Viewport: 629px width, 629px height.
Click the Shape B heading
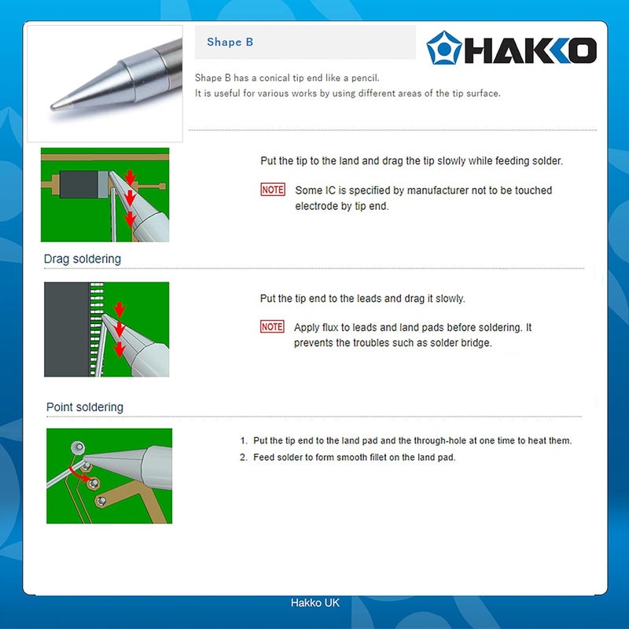click(x=230, y=42)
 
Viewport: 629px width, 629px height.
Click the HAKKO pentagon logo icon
click(x=443, y=48)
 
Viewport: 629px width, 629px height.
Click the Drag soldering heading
click(x=83, y=259)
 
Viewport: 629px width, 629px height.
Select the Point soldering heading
click(x=85, y=407)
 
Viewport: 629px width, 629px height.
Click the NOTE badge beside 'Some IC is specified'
click(x=273, y=190)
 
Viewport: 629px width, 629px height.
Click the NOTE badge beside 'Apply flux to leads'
click(x=272, y=327)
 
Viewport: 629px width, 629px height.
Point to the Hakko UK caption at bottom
click(x=315, y=603)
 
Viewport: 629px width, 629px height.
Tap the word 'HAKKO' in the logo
click(x=530, y=51)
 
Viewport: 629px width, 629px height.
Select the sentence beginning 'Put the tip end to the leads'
click(x=362, y=299)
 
